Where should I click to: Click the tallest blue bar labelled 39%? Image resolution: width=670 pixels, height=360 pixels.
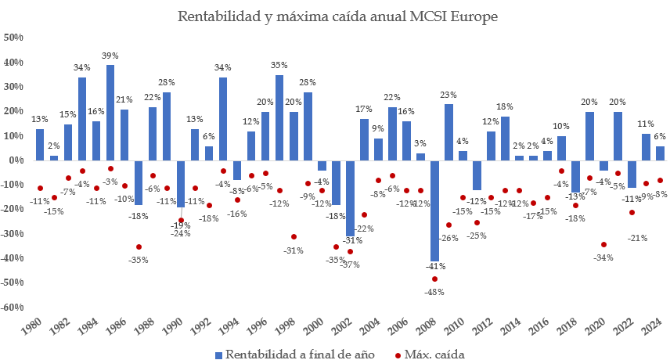click(x=110, y=112)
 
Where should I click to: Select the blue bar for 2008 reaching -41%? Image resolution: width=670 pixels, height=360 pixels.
click(x=434, y=211)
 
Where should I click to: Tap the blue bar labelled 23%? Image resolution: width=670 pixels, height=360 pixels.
click(x=448, y=131)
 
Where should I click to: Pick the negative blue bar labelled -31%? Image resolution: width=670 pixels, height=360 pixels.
click(x=350, y=198)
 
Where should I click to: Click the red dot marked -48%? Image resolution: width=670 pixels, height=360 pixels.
click(x=434, y=279)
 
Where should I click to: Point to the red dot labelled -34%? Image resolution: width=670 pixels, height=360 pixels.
click(x=603, y=244)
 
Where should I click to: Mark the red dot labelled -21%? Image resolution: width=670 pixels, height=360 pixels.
click(x=632, y=212)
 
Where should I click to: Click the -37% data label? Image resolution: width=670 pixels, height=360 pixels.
click(x=350, y=264)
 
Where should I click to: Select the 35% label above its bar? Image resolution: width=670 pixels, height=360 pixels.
click(x=279, y=66)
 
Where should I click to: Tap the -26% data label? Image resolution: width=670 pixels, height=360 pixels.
click(x=448, y=238)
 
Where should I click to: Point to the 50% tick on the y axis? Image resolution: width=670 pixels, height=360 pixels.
click(x=14, y=38)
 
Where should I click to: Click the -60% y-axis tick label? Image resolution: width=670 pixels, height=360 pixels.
click(x=14, y=307)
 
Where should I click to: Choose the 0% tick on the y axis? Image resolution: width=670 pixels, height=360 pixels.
click(x=16, y=160)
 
